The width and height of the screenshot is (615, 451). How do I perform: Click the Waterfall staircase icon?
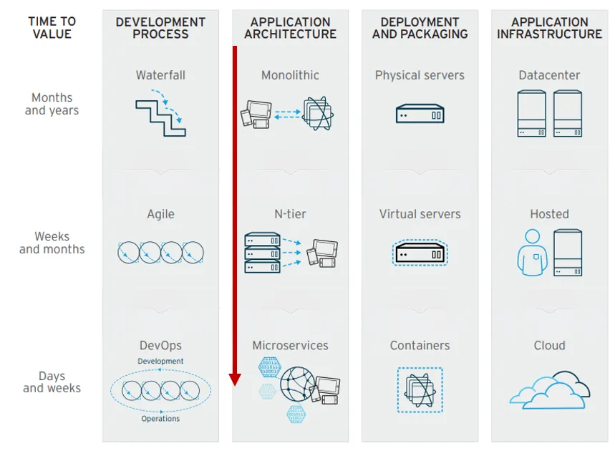pyautogui.click(x=160, y=117)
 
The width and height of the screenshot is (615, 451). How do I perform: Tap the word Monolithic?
pyautogui.click(x=290, y=75)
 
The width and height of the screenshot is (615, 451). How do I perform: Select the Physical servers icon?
pyautogui.click(x=420, y=114)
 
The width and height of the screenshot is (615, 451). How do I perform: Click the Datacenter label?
pyautogui.click(x=549, y=75)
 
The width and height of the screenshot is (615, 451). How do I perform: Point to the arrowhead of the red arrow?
pyautogui.click(x=235, y=379)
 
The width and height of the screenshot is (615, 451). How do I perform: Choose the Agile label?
pyautogui.click(x=160, y=214)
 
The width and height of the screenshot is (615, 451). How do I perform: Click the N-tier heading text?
pyautogui.click(x=290, y=214)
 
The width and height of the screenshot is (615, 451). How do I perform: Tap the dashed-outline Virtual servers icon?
pyautogui.click(x=420, y=253)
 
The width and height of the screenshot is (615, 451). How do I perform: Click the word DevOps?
pyautogui.click(x=160, y=346)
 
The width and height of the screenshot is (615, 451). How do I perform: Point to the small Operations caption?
pyautogui.click(x=160, y=419)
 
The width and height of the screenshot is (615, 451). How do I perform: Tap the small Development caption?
pyautogui.click(x=160, y=362)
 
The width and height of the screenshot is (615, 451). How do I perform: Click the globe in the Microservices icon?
pyautogui.click(x=296, y=384)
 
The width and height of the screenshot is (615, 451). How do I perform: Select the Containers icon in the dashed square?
pyautogui.click(x=420, y=390)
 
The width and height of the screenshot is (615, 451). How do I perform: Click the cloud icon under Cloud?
pyautogui.click(x=549, y=390)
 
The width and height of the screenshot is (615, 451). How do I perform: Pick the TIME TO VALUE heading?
pyautogui.click(x=52, y=28)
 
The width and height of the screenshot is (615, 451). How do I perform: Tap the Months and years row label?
pyautogui.click(x=52, y=104)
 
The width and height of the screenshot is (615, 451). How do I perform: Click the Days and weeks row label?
pyautogui.click(x=52, y=382)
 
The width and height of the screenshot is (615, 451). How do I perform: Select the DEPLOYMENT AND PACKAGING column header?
pyautogui.click(x=420, y=28)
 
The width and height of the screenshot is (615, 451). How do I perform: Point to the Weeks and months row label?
pyautogui.click(x=52, y=243)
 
